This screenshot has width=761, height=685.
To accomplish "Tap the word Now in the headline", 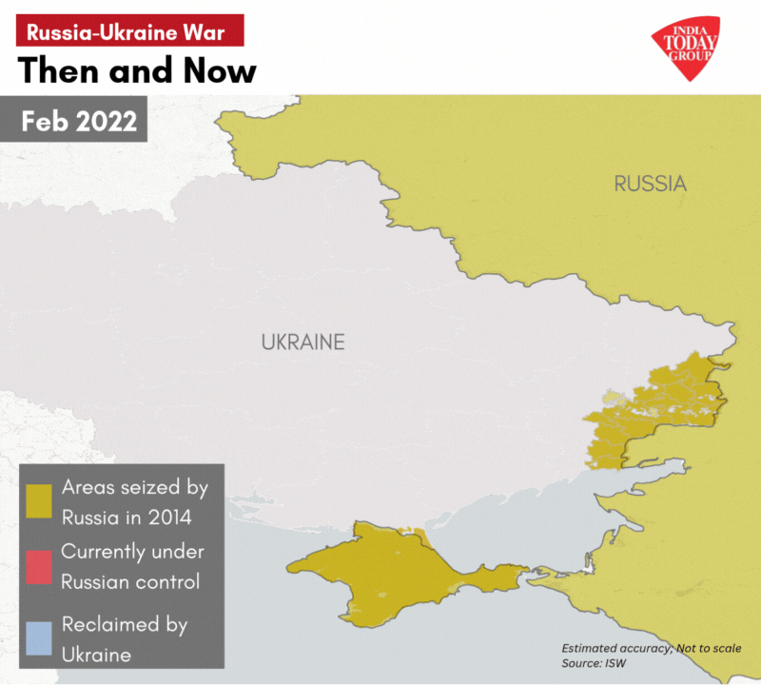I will pyautogui.click(x=216, y=71).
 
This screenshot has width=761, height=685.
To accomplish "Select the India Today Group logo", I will pyautogui.click(x=684, y=48).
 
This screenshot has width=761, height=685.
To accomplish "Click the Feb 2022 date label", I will pyautogui.click(x=79, y=122).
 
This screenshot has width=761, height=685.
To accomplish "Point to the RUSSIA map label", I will pyautogui.click(x=650, y=184).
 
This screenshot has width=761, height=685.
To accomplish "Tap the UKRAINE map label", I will pyautogui.click(x=302, y=342).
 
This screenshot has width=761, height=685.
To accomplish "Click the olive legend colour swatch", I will pyautogui.click(x=39, y=501).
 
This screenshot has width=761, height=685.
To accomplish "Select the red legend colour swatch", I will pyautogui.click(x=39, y=565).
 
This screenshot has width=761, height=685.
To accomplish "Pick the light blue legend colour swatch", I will pyautogui.click(x=39, y=638).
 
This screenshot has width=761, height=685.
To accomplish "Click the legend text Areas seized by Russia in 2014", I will pyautogui.click(x=134, y=502).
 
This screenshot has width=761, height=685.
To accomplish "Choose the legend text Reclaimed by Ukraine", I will pyautogui.click(x=124, y=639).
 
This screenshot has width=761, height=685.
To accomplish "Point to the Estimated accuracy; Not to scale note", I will pyautogui.click(x=651, y=647).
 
